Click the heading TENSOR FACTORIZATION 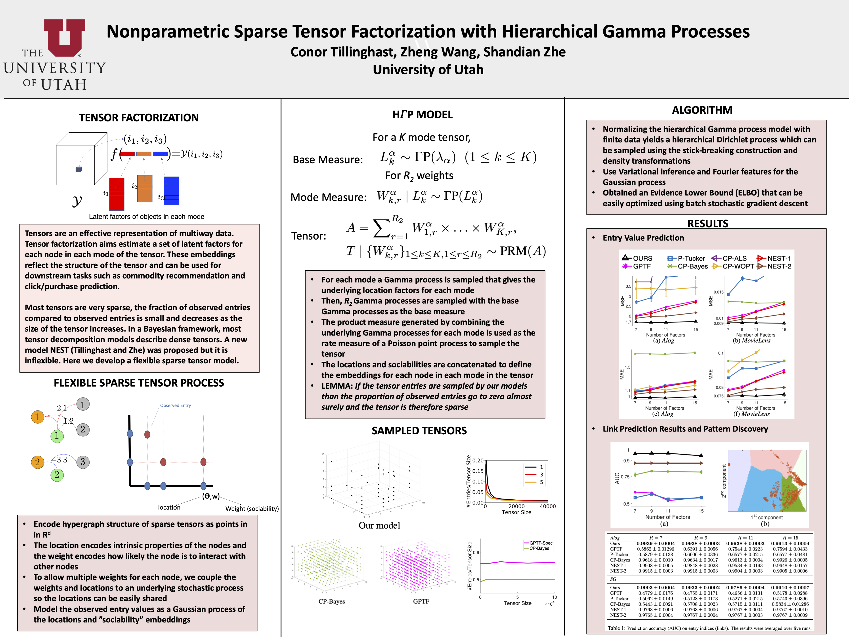(139, 117)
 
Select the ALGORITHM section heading (702, 110)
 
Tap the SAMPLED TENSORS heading (419, 430)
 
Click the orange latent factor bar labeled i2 (145, 188)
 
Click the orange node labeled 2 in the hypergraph (37, 462)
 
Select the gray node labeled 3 (82, 462)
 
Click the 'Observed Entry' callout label (175, 405)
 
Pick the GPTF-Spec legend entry (540, 543)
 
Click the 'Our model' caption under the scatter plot (379, 525)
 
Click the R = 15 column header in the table (790, 538)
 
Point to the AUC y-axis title (617, 478)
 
